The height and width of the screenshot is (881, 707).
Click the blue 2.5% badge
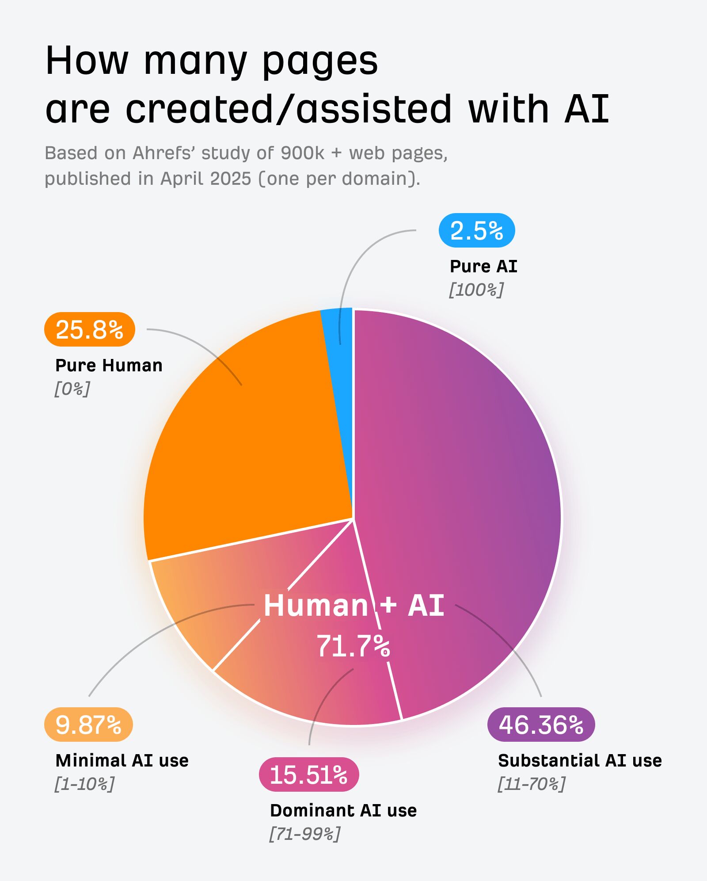click(x=477, y=230)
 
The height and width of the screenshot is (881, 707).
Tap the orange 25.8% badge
click(x=89, y=329)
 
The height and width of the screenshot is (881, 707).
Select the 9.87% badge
click(x=88, y=725)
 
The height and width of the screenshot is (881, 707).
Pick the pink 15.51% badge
click(x=308, y=774)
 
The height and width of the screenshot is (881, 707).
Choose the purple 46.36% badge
click(x=541, y=725)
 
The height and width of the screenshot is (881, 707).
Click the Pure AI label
click(x=483, y=267)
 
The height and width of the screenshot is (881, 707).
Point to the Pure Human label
click(x=109, y=366)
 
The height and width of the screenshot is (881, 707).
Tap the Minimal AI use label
click(x=122, y=761)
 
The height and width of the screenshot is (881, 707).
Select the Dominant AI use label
click(x=343, y=811)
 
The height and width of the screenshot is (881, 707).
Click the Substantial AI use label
click(x=580, y=761)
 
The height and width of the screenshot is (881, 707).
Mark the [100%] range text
click(x=476, y=290)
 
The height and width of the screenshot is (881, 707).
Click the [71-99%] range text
click(x=305, y=834)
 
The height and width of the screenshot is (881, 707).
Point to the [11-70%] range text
click(x=531, y=784)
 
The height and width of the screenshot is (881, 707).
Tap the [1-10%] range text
click(x=84, y=784)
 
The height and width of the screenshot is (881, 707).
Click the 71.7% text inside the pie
click(x=353, y=646)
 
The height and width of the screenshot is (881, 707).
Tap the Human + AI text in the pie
click(x=353, y=605)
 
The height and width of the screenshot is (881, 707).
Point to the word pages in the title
click(x=320, y=61)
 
